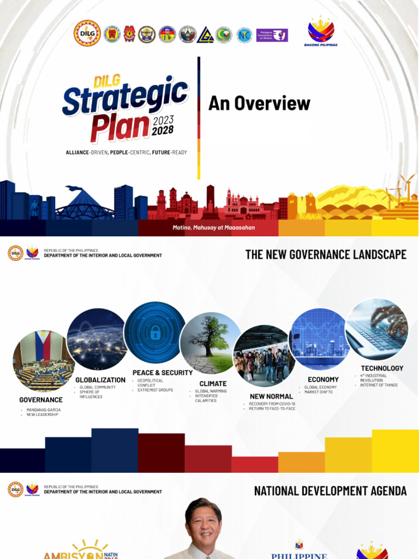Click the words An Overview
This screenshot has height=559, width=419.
tap(259, 103)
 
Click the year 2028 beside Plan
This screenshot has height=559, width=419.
tap(163, 131)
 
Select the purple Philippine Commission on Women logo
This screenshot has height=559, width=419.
tap(272, 35)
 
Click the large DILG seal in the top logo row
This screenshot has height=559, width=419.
tap(87, 33)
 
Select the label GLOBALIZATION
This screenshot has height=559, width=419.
tap(100, 380)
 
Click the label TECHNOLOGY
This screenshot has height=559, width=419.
tap(382, 368)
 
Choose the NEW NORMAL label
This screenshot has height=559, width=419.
tap(271, 396)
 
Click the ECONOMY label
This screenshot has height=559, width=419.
tap(323, 379)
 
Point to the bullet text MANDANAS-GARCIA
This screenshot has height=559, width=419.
tap(44, 409)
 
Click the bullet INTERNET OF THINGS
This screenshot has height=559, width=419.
tap(379, 385)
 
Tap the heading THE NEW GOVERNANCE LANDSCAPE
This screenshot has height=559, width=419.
tap(326, 254)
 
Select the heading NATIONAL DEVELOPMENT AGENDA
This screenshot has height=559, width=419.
tap(330, 491)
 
